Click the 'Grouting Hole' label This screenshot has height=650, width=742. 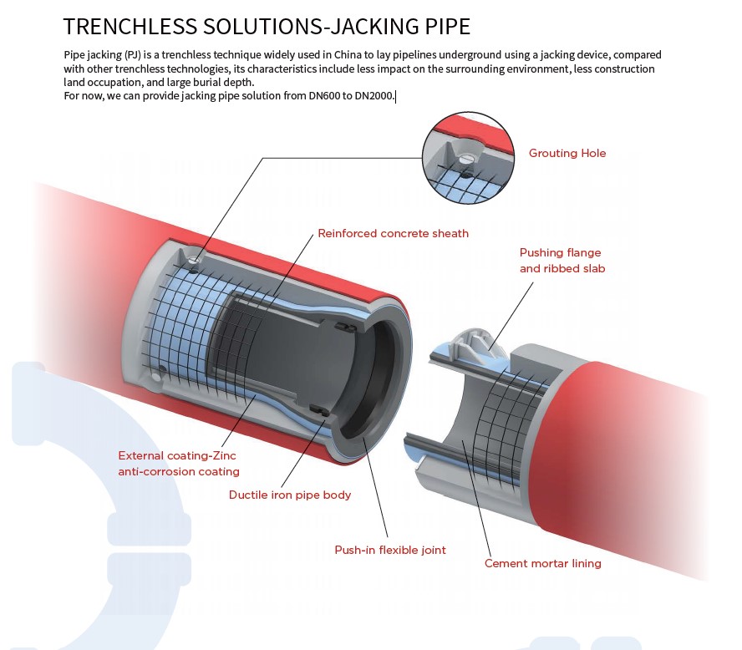[567, 153]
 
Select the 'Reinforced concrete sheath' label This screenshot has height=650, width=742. [394, 233]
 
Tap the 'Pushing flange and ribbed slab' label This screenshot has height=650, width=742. [562, 260]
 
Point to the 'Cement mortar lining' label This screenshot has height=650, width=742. [543, 563]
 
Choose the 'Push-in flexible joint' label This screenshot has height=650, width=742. [390, 550]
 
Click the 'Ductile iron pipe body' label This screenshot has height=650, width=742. [290, 495]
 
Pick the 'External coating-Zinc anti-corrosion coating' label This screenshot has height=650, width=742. [179, 463]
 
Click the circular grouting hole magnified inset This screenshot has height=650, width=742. [468, 158]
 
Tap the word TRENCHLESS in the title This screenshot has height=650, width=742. [130, 26]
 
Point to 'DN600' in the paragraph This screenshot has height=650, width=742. [323, 96]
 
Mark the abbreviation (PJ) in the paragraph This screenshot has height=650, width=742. [133, 55]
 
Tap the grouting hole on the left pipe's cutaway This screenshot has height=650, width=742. [193, 260]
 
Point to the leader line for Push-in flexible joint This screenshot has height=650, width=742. [375, 488]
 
